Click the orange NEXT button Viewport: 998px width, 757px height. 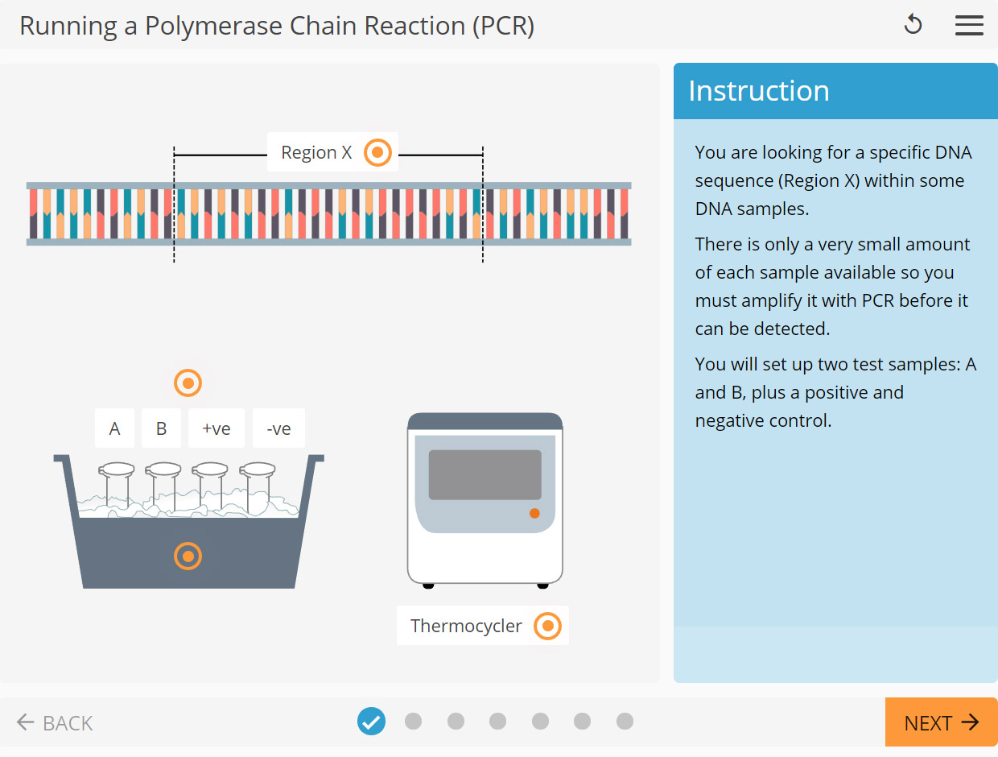(941, 722)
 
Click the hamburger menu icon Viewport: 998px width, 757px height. (969, 25)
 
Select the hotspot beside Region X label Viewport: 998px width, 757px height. (377, 152)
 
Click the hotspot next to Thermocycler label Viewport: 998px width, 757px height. (547, 626)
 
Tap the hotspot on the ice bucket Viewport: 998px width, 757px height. (188, 556)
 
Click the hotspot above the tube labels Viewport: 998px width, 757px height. (188, 383)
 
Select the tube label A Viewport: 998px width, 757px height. (114, 428)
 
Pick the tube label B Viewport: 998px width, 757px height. (161, 428)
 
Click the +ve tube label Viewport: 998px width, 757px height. (217, 428)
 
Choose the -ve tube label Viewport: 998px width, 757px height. (278, 428)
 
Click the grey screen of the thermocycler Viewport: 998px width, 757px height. (485, 474)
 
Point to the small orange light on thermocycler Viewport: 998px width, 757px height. (534, 513)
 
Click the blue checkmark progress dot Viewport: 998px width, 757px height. (371, 722)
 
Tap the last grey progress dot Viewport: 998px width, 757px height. (625, 722)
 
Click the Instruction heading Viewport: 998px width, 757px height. (758, 91)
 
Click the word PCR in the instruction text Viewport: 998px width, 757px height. (878, 301)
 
